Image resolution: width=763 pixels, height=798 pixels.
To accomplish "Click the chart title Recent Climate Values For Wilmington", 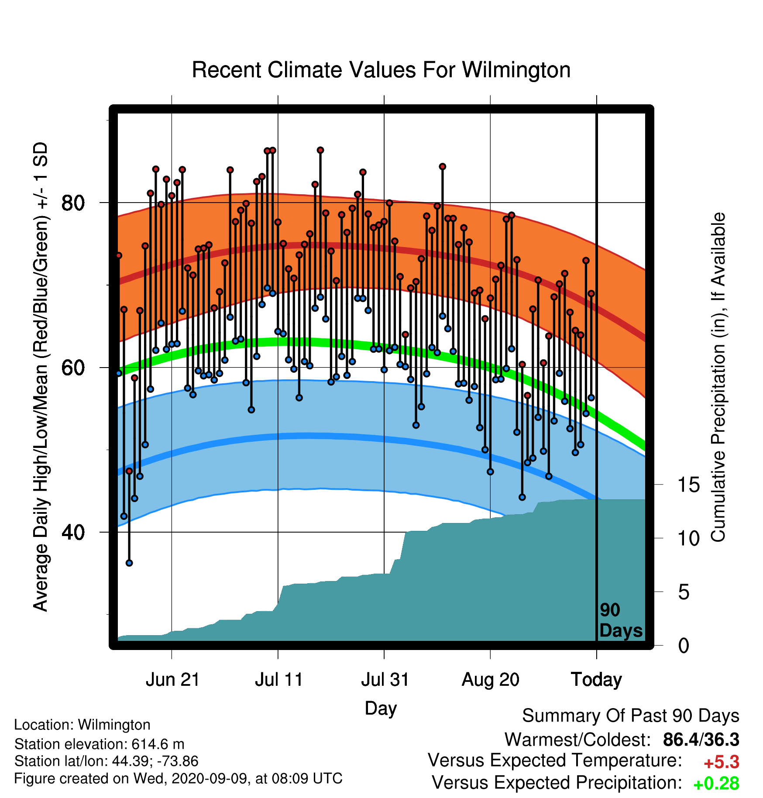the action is point(381,70).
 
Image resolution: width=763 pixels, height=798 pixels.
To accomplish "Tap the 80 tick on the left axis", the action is point(73,203).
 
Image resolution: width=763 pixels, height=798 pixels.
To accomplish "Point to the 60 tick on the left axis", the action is point(73,368).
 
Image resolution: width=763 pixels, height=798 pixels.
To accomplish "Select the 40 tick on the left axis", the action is point(73,532).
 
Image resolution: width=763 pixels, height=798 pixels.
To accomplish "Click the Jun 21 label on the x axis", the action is point(172,680).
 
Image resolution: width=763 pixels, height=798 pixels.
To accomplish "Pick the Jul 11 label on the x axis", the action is point(279,680).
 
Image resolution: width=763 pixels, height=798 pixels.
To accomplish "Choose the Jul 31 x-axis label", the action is point(385,680).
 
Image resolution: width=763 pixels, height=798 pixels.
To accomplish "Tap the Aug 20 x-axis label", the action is point(491,680).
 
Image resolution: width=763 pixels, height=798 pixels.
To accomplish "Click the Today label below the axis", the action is point(597,680).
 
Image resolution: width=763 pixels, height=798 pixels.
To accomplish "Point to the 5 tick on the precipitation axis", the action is point(684,592).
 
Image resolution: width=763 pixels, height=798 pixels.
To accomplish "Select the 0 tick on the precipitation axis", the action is point(684,645).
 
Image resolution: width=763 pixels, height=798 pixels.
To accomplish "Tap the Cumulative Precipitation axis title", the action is point(718,378).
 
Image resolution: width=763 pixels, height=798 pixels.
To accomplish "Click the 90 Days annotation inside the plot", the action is point(621,620).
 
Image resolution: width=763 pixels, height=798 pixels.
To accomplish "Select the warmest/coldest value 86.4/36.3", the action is point(701,740).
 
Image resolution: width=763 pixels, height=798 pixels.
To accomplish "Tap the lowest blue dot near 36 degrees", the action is point(129,563).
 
